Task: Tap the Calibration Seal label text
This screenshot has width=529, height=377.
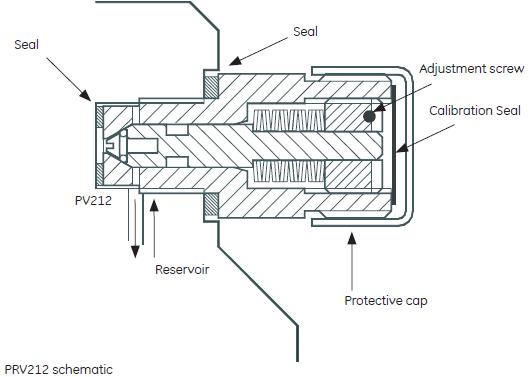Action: click(x=476, y=111)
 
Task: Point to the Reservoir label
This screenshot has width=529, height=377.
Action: click(x=181, y=269)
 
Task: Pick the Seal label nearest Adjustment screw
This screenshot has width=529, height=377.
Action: click(x=305, y=32)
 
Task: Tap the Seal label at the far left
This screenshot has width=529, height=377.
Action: click(x=27, y=45)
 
